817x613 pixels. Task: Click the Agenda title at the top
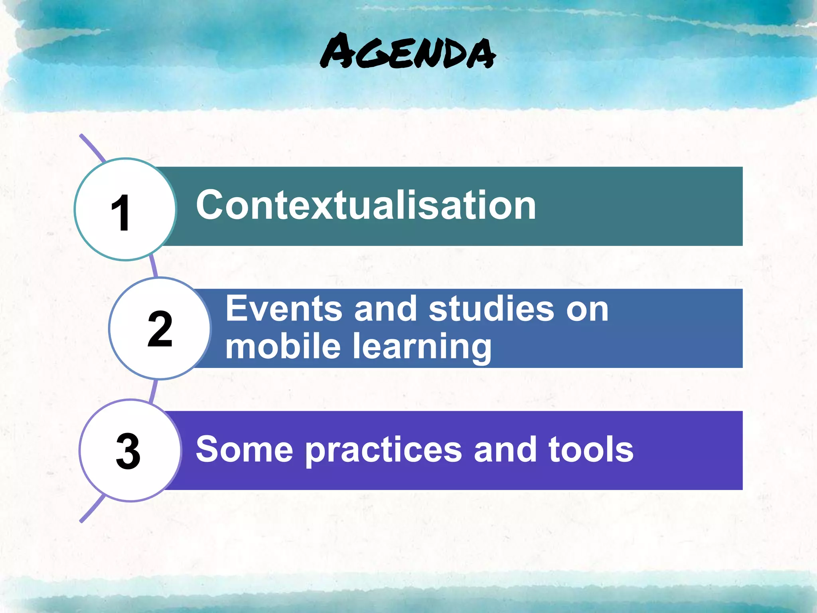[408, 52]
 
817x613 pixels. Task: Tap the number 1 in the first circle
[120, 213]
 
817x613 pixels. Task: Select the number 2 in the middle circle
[160, 329]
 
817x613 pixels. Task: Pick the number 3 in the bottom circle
[128, 451]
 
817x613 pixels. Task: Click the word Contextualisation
[366, 205]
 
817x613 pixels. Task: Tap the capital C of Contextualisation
[211, 205]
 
